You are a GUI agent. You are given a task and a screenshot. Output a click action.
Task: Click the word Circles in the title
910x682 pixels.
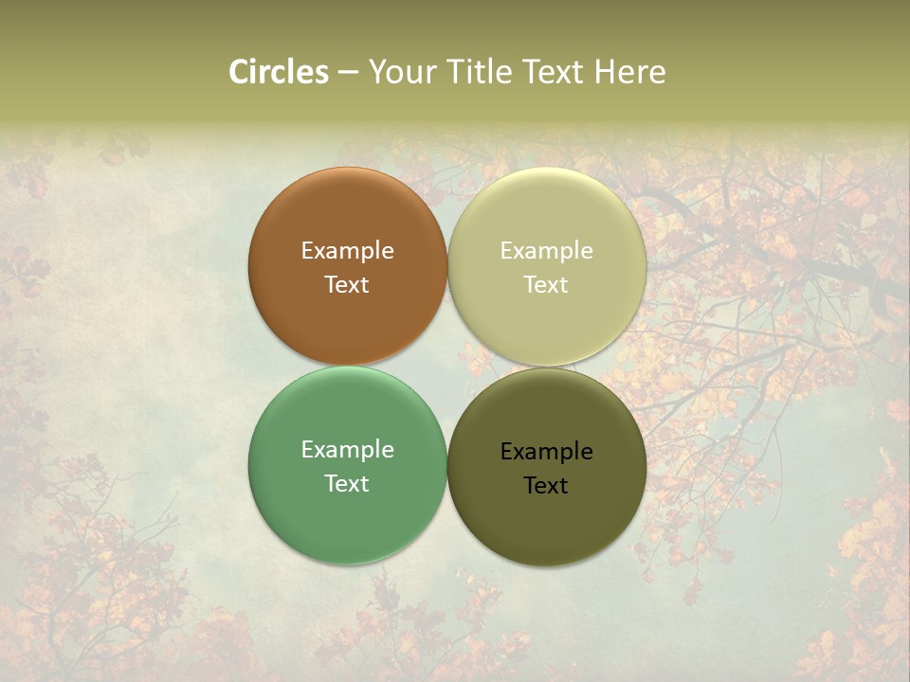coord(278,72)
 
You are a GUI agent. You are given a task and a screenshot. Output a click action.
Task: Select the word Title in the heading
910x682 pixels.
coord(482,72)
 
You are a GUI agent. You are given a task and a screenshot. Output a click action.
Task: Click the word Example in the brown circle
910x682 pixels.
coord(347,250)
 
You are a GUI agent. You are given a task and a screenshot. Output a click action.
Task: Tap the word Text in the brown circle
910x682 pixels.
coord(347,284)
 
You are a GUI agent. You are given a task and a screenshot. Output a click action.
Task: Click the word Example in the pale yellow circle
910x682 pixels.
coord(546,250)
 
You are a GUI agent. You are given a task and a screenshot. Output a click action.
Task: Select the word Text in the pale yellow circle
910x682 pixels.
coord(546,284)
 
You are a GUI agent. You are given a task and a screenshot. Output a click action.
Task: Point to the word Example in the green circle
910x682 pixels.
coord(347,449)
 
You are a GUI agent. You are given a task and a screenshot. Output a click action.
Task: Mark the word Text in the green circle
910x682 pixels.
coord(347,483)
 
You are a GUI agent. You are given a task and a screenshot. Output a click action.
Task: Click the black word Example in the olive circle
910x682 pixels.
coord(546,451)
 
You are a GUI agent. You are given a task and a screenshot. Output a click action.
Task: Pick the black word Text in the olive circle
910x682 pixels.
coord(546,485)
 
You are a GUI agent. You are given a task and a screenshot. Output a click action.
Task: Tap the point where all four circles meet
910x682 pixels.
coord(447,366)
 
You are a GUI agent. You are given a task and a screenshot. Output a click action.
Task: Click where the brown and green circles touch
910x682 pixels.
coord(347,366)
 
